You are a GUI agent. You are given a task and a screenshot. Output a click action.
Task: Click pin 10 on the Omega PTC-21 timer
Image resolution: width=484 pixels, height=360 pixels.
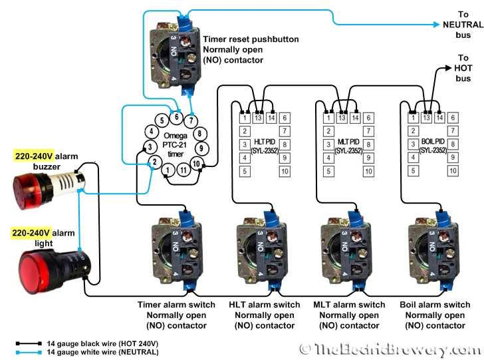click(x=195, y=163)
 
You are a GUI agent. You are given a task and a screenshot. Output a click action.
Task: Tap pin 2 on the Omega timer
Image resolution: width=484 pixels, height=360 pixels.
click(x=154, y=162)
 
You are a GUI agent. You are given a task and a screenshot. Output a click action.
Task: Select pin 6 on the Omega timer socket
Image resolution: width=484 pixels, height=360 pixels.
click(x=176, y=118)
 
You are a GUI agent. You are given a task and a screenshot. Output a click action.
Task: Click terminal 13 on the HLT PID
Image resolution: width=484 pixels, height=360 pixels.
click(x=259, y=118)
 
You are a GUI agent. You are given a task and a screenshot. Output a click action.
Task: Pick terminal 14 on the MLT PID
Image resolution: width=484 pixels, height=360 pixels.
click(x=356, y=118)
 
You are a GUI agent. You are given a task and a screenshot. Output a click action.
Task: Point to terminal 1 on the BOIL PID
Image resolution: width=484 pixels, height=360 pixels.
click(x=412, y=118)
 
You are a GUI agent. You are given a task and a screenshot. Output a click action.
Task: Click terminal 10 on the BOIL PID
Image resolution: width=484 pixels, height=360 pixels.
click(x=453, y=172)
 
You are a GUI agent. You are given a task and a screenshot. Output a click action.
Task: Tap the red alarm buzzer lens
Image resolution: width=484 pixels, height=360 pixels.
click(x=29, y=184)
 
